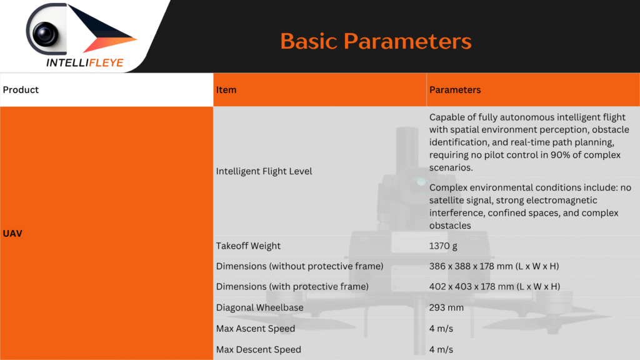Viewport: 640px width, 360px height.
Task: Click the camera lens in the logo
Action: tap(45, 34)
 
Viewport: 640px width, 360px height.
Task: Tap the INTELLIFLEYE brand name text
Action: tap(85, 62)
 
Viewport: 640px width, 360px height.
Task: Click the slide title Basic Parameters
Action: tap(376, 41)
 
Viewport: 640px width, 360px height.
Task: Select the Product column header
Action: tap(21, 90)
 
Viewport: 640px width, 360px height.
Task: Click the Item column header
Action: tap(226, 90)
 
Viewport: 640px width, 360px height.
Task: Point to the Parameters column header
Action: tap(455, 90)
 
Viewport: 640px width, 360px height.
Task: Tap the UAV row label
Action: tap(12, 234)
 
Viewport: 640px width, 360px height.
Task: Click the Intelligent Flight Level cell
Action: tap(264, 171)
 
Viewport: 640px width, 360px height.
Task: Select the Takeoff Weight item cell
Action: tap(248, 246)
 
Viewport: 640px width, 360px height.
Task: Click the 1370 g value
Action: tap(443, 246)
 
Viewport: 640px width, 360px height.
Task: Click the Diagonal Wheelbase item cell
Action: tap(259, 307)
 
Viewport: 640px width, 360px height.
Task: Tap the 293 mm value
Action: tap(446, 307)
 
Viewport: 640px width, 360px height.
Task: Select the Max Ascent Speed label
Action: tap(256, 329)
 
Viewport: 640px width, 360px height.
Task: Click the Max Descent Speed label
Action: tap(258, 349)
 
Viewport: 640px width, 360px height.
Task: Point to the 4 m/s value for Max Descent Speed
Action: tap(441, 349)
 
